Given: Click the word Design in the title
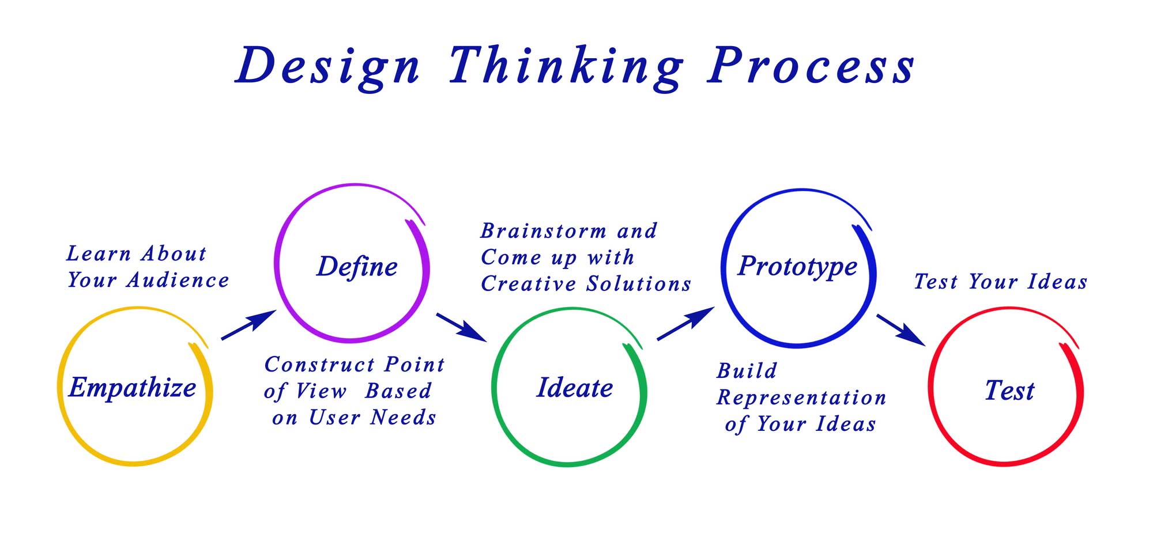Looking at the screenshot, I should (328, 66).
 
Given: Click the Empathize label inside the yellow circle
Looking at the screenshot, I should (133, 388).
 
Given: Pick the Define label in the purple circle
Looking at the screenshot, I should (357, 267).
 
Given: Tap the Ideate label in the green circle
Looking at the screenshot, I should (575, 388).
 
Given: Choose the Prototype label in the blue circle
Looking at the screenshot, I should (798, 266).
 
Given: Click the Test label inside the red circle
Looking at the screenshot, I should (1009, 391).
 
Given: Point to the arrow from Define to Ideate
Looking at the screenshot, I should (461, 327).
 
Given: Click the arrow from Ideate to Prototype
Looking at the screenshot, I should (685, 324).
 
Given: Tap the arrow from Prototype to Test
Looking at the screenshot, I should (901, 330).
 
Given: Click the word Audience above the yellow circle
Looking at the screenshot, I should (178, 281).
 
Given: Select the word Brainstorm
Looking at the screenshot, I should (544, 231).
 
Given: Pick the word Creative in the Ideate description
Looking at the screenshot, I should (528, 284).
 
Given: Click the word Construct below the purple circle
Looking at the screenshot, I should (319, 365).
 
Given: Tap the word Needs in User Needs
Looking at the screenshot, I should (403, 418).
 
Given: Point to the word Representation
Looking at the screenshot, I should (801, 398).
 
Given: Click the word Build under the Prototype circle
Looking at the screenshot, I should (747, 371).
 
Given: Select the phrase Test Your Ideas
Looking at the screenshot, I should (1001, 282).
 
